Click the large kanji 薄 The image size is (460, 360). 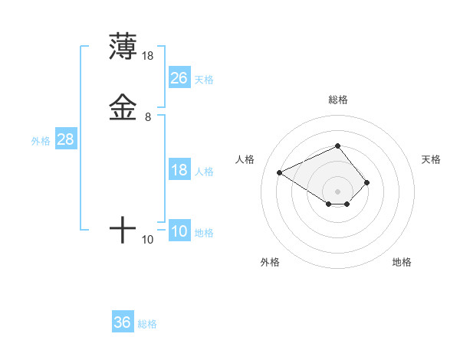point(123,46)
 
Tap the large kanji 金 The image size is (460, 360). point(123,107)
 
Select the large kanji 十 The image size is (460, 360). point(123,230)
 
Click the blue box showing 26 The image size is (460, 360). point(179,77)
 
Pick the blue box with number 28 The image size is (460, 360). point(65,139)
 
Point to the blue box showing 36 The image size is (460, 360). point(123,322)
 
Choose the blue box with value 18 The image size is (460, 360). point(179,170)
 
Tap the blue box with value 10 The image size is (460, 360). point(179,231)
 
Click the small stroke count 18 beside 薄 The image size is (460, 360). point(148,56)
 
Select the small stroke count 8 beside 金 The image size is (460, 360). point(148,117)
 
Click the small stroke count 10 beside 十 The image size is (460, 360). point(148,240)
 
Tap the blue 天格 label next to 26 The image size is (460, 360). point(204,79)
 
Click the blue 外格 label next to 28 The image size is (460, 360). point(40,141)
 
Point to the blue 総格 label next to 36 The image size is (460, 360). point(147,324)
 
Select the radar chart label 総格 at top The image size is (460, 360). point(337,100)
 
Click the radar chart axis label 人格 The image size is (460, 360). point(245,159)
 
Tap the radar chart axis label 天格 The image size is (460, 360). point(431,159)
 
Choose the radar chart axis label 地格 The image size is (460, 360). point(402,262)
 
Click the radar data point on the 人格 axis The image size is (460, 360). point(280,172)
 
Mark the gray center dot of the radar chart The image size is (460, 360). point(337,191)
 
